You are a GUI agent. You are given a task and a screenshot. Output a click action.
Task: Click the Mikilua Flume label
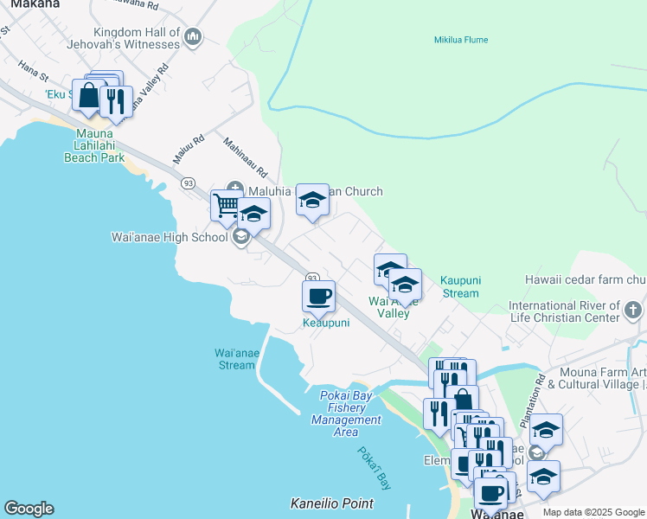460,40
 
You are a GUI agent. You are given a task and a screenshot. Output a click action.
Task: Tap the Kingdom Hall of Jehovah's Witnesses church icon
193,36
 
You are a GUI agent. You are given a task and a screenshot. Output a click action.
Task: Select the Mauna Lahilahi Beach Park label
94,145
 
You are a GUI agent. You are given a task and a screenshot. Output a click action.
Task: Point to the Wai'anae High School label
170,236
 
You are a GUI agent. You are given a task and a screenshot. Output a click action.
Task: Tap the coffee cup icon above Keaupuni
317,296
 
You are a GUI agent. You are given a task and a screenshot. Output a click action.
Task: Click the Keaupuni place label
326,323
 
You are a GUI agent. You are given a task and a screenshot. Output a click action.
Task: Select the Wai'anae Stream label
234,358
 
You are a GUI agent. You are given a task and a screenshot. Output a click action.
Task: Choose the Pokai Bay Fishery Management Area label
346,413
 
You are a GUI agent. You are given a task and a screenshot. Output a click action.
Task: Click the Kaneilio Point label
331,503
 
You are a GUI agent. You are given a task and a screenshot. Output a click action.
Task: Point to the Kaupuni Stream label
458,287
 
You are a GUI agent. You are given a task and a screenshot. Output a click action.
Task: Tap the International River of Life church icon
633,307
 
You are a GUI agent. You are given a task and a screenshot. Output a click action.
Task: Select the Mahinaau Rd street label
247,155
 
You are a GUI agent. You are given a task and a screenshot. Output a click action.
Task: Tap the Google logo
29,509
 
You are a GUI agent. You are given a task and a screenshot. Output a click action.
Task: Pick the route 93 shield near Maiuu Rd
188,183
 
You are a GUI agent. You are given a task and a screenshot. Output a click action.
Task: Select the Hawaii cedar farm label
585,279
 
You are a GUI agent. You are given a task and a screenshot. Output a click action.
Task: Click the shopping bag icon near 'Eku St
88,95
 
